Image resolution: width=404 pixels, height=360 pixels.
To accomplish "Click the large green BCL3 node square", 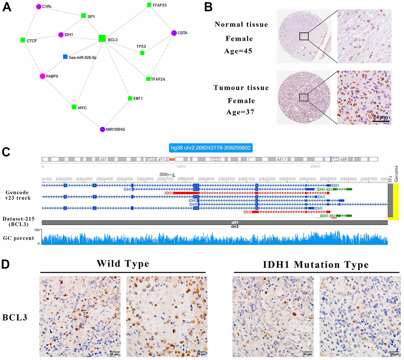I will point(102,38).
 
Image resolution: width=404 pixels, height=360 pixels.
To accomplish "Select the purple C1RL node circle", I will point(39,7).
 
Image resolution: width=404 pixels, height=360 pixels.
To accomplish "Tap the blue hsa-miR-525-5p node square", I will point(65,57).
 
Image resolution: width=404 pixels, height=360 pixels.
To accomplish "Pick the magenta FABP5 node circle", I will point(43,76).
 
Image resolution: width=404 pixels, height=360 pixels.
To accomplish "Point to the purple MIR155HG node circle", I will point(103,129).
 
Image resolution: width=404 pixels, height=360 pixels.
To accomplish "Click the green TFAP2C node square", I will point(149,5).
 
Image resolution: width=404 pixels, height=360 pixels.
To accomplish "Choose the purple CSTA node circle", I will point(173,33).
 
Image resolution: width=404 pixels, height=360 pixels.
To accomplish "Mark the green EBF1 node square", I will point(130,98).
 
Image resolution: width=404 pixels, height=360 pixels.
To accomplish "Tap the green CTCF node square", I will point(23,40).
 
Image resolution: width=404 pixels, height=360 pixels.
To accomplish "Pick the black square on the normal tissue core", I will point(304,36).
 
